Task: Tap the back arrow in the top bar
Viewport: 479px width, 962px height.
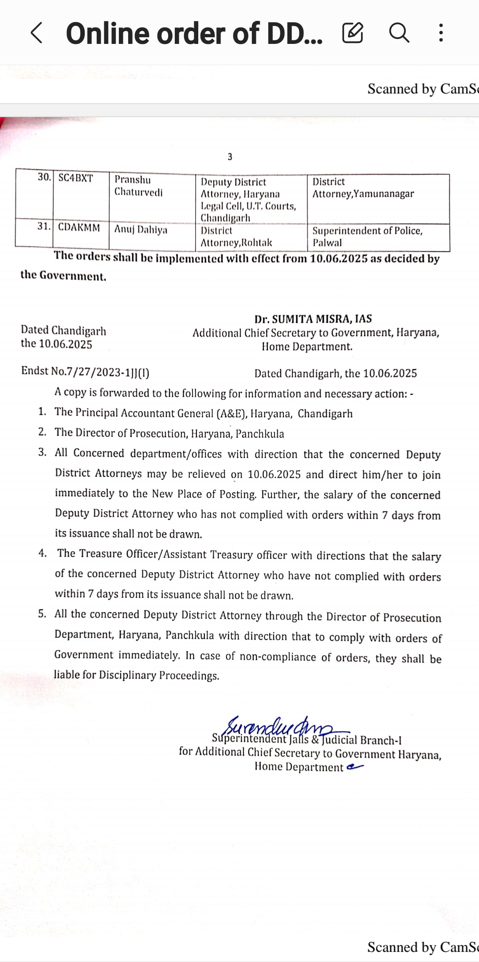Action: click(36, 33)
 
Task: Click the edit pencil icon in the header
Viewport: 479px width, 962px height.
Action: click(353, 33)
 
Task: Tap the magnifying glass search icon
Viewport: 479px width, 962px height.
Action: click(399, 33)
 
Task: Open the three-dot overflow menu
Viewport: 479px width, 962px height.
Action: click(440, 33)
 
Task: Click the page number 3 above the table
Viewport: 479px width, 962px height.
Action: click(230, 157)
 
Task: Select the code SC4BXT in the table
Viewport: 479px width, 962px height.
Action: click(76, 178)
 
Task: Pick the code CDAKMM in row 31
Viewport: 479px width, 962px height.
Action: click(79, 228)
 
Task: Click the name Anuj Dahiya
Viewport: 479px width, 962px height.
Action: click(141, 230)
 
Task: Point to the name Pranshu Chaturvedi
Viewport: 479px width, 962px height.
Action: click(138, 186)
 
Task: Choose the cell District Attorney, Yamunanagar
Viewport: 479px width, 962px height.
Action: click(363, 188)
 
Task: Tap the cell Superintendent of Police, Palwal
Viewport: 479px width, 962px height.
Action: click(367, 236)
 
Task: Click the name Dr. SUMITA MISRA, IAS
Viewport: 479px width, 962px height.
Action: click(313, 319)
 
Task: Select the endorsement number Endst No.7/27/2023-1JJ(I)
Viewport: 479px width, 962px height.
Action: click(85, 371)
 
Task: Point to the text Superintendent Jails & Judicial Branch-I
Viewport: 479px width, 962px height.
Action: click(307, 739)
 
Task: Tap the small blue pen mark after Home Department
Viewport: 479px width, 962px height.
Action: click(355, 766)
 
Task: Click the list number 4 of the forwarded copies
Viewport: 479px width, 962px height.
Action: click(43, 553)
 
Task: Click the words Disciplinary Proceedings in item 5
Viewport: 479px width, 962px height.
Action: click(159, 675)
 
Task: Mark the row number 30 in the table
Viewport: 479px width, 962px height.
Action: click(44, 177)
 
